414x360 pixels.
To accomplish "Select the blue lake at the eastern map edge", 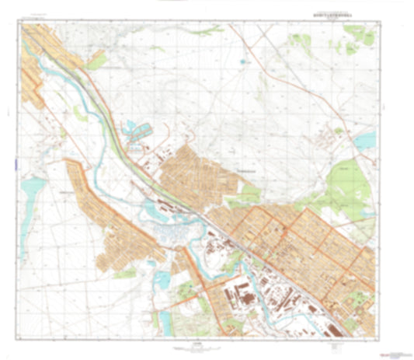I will [x=366, y=141].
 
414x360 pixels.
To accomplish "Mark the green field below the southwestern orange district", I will [x=124, y=274].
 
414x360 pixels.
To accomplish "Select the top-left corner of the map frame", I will [x=22, y=23].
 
